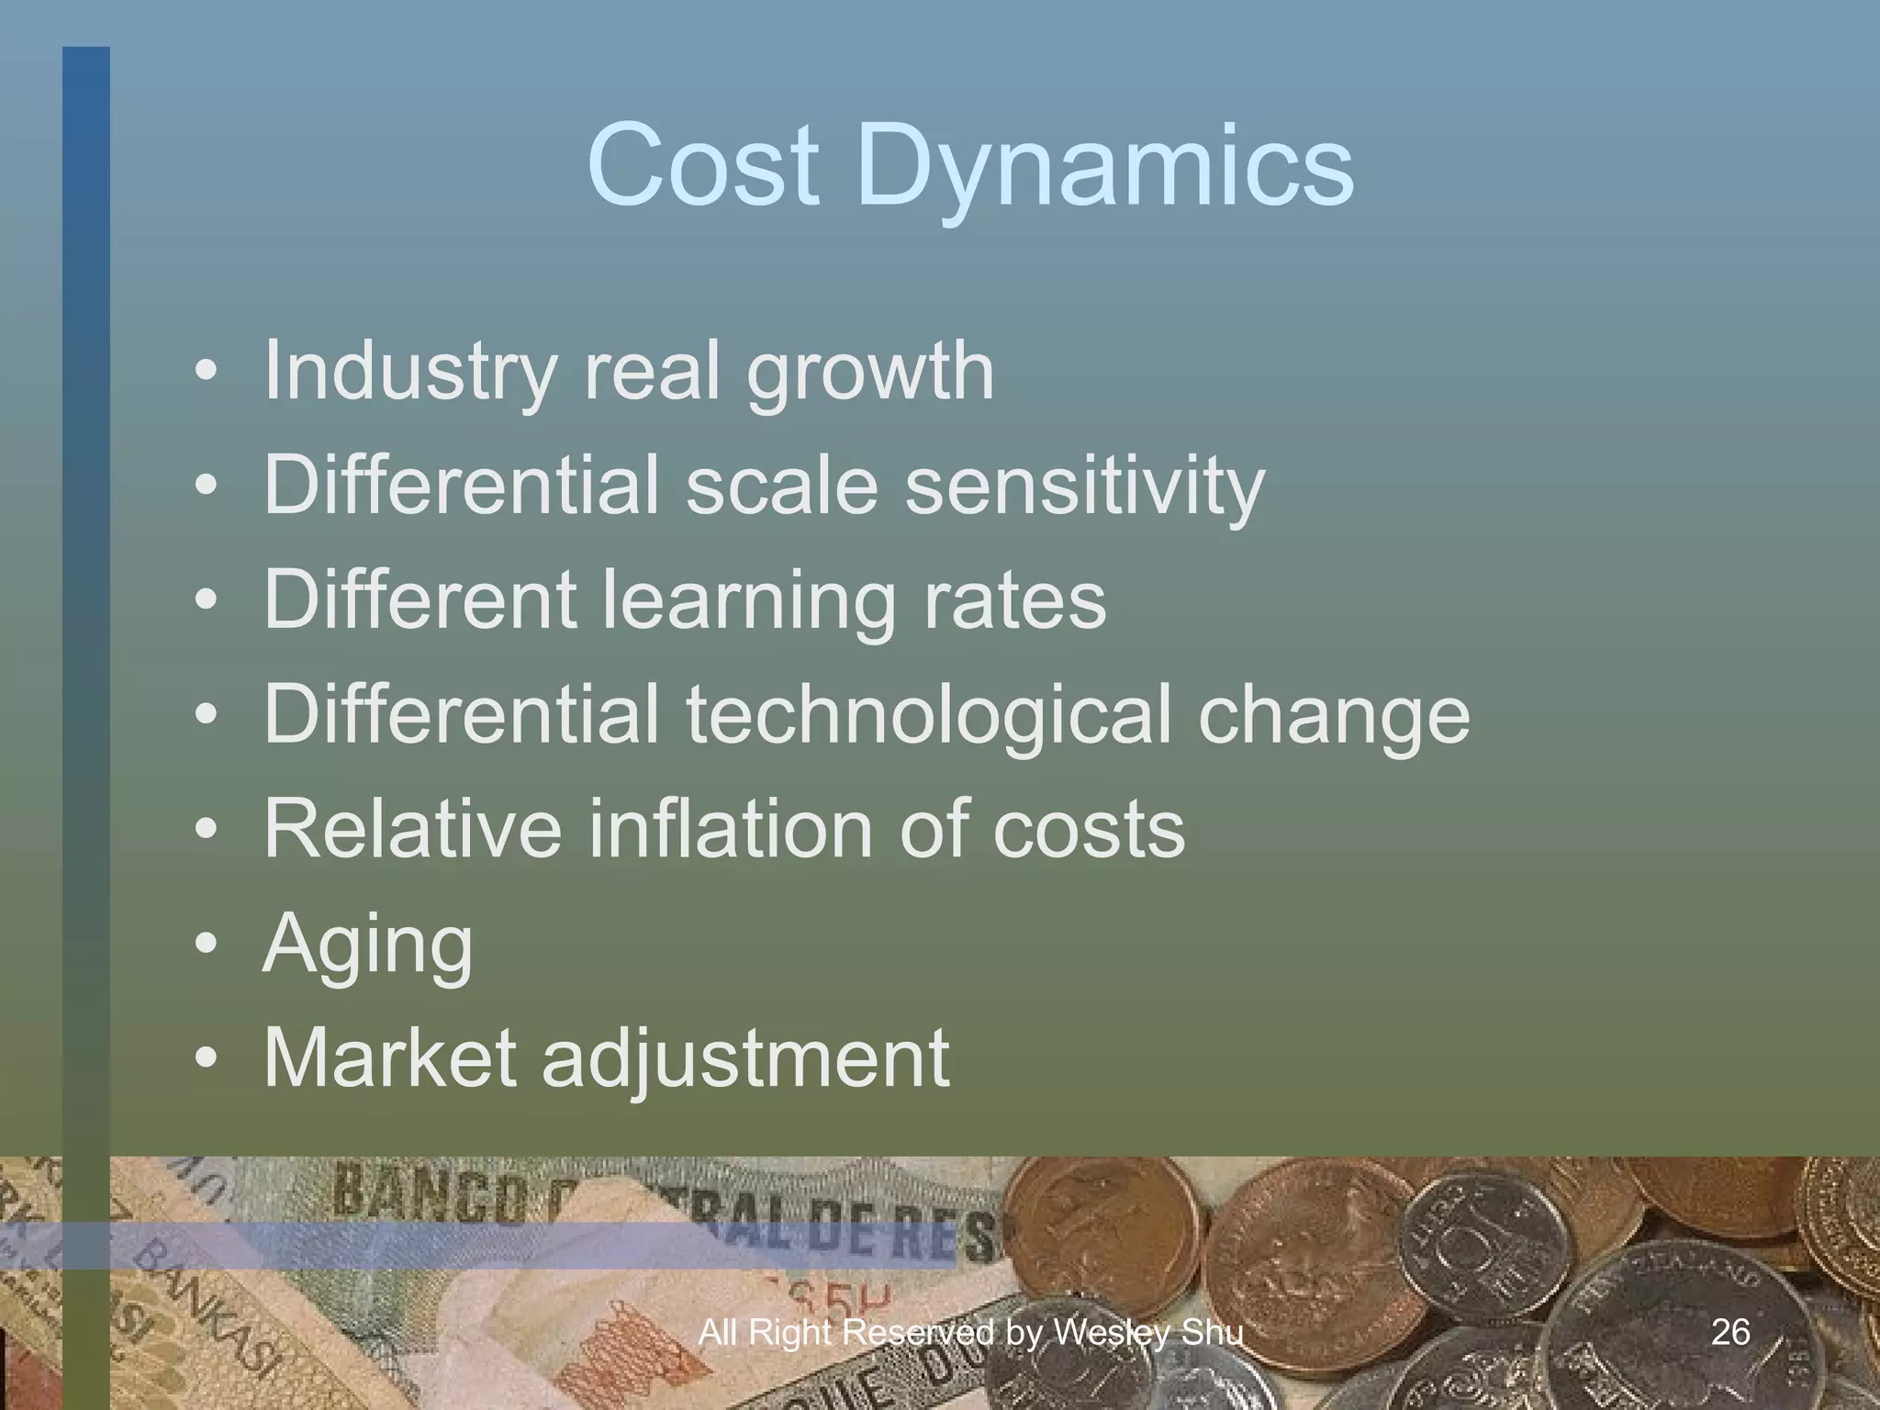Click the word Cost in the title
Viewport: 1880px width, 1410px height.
(702, 165)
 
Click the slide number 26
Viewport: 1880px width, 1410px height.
(1730, 1332)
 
